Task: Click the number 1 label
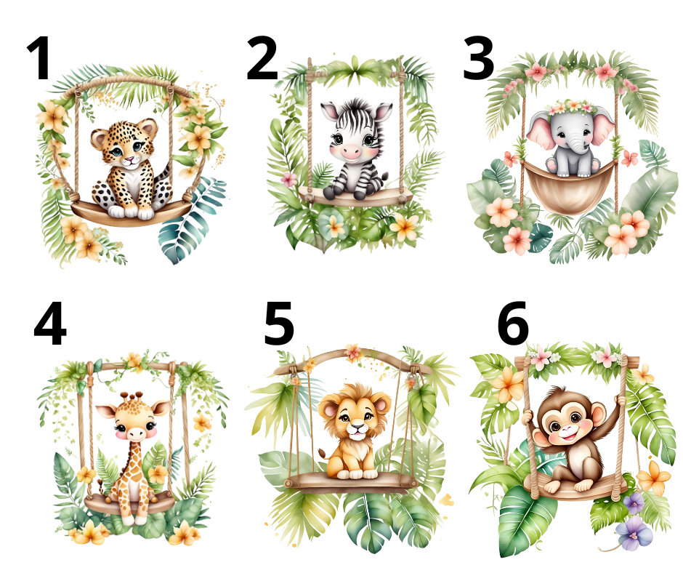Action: [x=40, y=58]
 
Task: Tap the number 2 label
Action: [x=262, y=58]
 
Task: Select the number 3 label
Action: [x=478, y=58]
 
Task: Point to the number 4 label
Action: [x=50, y=323]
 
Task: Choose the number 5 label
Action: [x=279, y=324]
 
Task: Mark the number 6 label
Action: [x=513, y=323]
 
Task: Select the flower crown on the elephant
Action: [x=570, y=107]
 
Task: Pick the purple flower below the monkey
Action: [x=634, y=532]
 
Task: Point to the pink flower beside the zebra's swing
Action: [x=288, y=178]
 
